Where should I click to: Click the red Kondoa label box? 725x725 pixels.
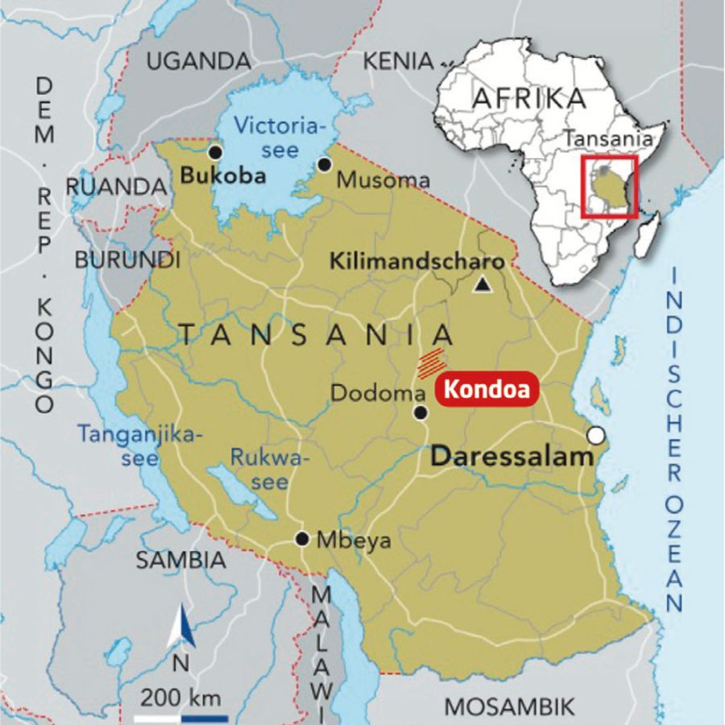(x=486, y=389)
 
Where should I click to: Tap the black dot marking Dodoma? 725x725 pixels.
(x=420, y=412)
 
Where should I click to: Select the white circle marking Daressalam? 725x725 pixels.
(x=596, y=436)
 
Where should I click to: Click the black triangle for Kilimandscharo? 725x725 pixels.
(x=483, y=284)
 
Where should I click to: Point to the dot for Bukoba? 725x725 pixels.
(x=214, y=151)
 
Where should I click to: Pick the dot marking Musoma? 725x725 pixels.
(x=324, y=164)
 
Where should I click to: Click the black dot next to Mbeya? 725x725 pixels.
(x=302, y=539)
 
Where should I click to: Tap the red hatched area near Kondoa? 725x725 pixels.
(x=430, y=363)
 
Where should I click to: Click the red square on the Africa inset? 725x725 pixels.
(x=609, y=187)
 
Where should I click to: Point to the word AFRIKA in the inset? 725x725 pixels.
(x=528, y=98)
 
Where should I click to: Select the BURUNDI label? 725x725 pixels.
(x=127, y=260)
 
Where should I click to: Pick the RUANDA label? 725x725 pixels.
(x=116, y=186)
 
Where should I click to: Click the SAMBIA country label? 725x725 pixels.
(x=180, y=560)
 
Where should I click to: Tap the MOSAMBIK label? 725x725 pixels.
(x=511, y=706)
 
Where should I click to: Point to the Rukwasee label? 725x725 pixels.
(x=259, y=469)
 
